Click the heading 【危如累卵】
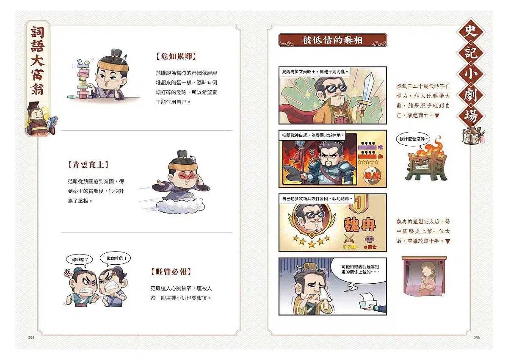(176, 56)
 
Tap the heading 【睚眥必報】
(171, 271)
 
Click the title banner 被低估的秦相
(332, 40)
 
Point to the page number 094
(30, 338)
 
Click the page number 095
(477, 338)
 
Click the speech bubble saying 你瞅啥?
(78, 260)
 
